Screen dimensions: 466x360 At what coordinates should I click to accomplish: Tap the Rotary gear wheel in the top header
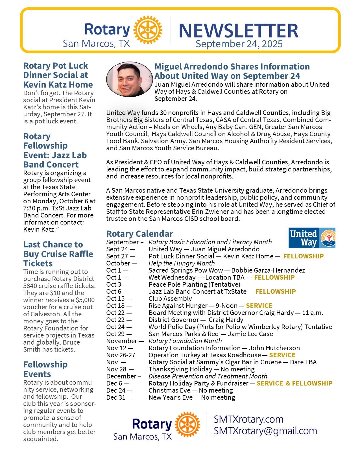coord(147,29)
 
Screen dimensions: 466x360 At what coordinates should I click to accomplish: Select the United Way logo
coord(312,238)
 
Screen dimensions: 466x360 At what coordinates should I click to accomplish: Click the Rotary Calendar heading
coord(139,234)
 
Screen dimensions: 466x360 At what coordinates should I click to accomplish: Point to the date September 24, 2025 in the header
coord(239,44)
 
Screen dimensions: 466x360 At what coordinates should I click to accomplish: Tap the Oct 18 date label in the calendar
coord(119,306)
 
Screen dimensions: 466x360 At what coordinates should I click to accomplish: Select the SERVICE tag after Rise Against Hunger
coord(259,306)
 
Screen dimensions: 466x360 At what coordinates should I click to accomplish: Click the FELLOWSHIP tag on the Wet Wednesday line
coord(274,277)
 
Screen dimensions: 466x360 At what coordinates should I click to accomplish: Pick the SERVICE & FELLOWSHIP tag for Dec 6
coord(294,383)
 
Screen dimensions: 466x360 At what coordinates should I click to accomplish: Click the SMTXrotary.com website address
coord(248,419)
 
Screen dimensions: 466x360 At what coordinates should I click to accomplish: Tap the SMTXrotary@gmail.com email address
coord(265,431)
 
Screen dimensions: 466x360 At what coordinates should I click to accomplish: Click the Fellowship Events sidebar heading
coord(45,369)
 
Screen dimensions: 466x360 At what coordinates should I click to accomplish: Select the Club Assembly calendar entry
coord(170,299)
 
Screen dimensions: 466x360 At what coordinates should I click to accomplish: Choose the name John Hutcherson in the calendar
coord(274,348)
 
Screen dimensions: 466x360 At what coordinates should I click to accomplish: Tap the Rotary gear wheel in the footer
coord(187,424)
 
